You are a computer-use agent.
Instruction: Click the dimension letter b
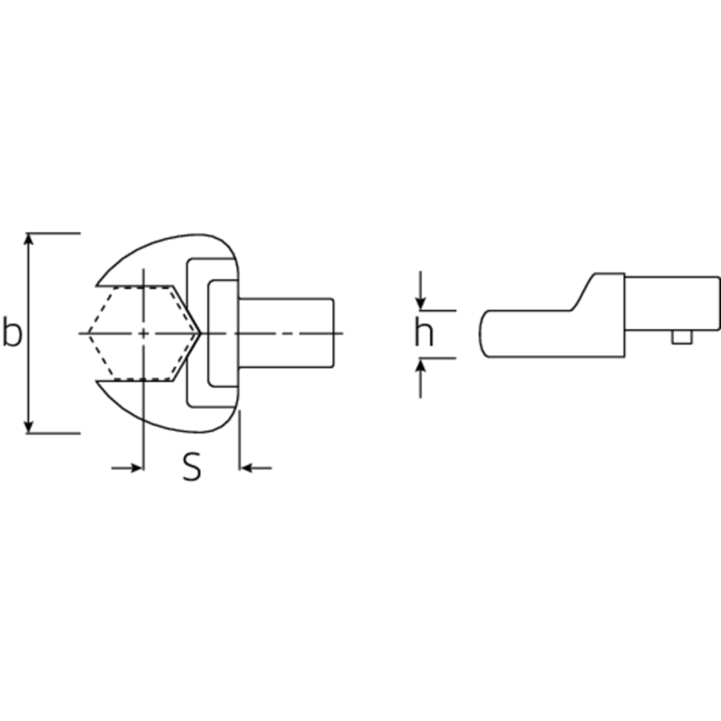pos(12,331)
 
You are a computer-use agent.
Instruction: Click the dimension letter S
pos(192,467)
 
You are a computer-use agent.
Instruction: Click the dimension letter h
pos(424,331)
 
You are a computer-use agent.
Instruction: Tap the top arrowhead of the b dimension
pos(29,239)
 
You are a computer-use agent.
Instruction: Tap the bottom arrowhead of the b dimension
pos(29,427)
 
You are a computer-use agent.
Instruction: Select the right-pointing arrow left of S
pos(127,468)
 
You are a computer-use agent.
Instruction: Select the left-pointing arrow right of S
pos(256,468)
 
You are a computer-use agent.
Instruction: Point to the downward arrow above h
pos(420,290)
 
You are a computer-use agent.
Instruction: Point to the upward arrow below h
pos(420,378)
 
